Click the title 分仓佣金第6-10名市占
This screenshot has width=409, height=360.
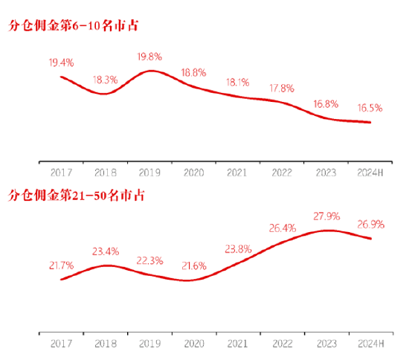(74, 27)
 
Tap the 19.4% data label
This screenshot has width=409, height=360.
(60, 63)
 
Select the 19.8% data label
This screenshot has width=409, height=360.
(149, 57)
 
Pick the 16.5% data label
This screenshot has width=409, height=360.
(370, 108)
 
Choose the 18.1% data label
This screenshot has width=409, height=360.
(237, 82)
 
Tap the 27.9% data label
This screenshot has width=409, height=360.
(326, 216)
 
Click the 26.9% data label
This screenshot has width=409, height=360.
(370, 224)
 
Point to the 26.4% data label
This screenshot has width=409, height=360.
(282, 228)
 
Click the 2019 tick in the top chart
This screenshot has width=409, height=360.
(149, 172)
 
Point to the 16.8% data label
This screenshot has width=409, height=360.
(326, 103)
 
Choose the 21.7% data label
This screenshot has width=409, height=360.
(61, 266)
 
